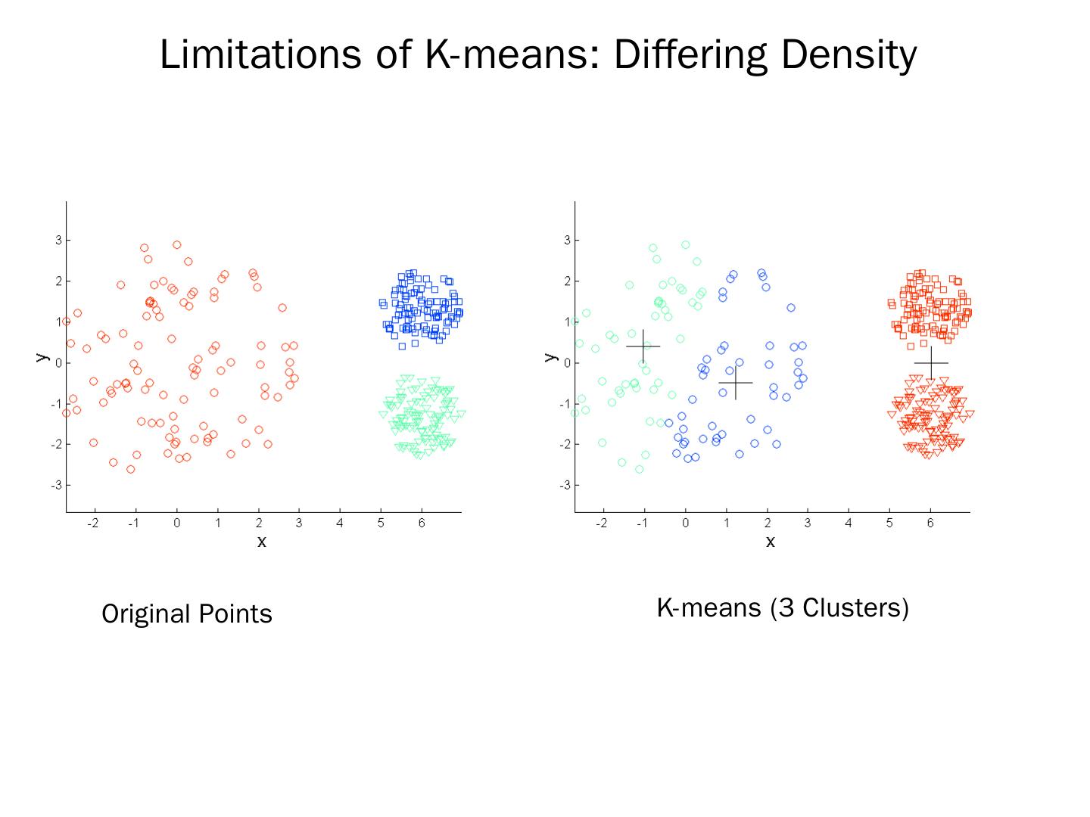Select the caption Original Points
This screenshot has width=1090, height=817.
click(187, 614)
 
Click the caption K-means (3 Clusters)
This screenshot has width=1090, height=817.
click(782, 607)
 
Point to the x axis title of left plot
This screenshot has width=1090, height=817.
click(262, 542)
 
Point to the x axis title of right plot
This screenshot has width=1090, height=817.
click(771, 542)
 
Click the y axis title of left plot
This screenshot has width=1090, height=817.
click(42, 356)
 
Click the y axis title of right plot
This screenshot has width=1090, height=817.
click(551, 356)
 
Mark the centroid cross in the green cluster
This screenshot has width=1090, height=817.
click(643, 346)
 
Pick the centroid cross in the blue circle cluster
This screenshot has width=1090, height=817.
click(736, 383)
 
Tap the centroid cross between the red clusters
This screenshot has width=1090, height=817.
click(931, 363)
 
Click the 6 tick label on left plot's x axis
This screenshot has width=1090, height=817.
click(422, 523)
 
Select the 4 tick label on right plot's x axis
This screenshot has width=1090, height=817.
click(849, 523)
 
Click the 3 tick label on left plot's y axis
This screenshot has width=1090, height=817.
click(58, 241)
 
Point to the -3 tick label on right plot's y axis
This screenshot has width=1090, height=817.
click(565, 485)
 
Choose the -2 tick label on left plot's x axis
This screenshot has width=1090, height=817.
click(92, 523)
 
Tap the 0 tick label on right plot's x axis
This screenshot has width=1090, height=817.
click(685, 523)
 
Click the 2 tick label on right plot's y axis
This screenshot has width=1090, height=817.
click(566, 281)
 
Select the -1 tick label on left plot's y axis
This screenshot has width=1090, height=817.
click(56, 404)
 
